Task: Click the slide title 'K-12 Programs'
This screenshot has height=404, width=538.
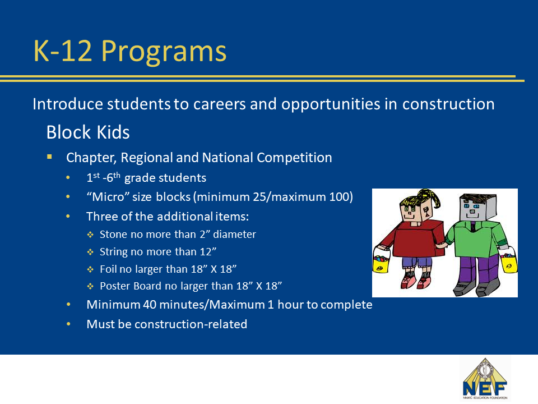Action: (129, 51)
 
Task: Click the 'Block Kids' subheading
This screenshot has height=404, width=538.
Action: (88, 132)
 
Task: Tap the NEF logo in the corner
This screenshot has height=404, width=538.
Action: (485, 380)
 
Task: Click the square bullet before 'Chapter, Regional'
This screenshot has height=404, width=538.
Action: (50, 157)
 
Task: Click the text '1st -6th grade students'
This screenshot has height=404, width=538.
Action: (146, 178)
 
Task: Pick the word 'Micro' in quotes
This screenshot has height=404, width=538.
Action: (108, 198)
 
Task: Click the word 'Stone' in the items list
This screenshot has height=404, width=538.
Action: (113, 235)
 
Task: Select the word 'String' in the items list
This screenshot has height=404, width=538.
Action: (113, 252)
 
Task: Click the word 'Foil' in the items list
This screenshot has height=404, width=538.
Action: (108, 269)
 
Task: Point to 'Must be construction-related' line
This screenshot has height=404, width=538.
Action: (166, 324)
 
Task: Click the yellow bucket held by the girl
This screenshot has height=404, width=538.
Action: (382, 261)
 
